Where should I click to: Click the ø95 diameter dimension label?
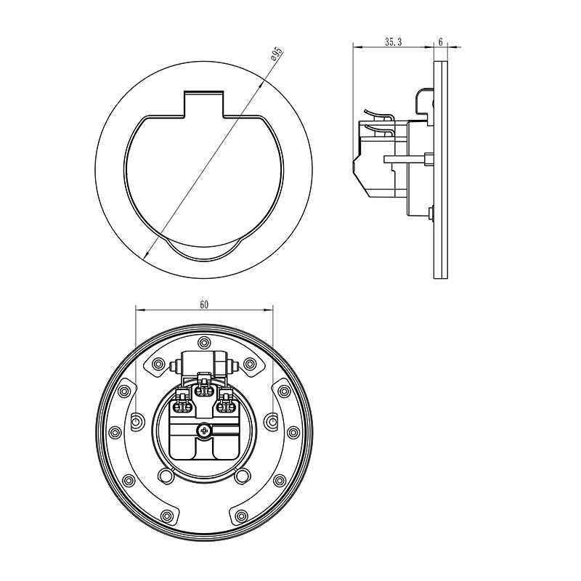coord(277,54)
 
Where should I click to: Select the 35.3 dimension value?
coord(393,42)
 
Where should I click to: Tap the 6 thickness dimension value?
coord(440,42)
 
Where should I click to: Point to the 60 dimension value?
coord(204,305)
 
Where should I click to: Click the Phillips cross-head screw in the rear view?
coord(203,431)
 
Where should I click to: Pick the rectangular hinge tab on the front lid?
coord(204,103)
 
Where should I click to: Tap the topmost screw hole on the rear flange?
coord(204,341)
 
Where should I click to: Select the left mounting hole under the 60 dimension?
coord(136,421)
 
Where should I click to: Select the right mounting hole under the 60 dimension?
coord(273,421)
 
